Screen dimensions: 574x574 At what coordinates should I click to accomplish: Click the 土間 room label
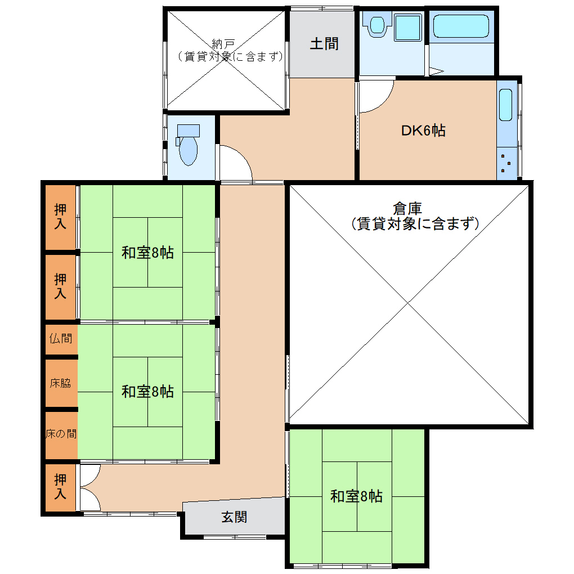pyautogui.click(x=324, y=44)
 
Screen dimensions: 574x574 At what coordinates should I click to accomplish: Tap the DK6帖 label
pyautogui.click(x=423, y=131)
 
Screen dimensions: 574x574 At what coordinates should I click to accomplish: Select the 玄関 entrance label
pyautogui.click(x=234, y=517)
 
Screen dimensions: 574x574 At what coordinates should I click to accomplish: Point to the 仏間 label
pyautogui.click(x=61, y=339)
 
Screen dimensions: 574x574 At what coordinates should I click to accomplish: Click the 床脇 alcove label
pyautogui.click(x=60, y=383)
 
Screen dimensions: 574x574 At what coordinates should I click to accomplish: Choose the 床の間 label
pyautogui.click(x=61, y=434)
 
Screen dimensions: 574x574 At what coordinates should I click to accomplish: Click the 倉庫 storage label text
pyautogui.click(x=407, y=209)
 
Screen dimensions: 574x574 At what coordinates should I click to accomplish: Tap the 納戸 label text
pyautogui.click(x=223, y=44)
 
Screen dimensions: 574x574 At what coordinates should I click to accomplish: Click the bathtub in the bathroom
pyautogui.click(x=461, y=26)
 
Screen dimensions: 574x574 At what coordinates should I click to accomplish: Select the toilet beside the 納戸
pyautogui.click(x=188, y=145)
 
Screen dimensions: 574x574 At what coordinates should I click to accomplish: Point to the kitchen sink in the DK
pyautogui.click(x=505, y=105)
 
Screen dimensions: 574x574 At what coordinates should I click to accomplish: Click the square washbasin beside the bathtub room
pyautogui.click(x=409, y=27)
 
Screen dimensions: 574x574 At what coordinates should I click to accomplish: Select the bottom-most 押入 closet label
pyautogui.click(x=60, y=487)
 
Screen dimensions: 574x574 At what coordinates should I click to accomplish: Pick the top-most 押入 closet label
pyautogui.click(x=60, y=216)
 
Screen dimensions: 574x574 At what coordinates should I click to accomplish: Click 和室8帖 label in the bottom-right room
pyautogui.click(x=356, y=496)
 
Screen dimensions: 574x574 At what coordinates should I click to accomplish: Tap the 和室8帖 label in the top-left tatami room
pyautogui.click(x=147, y=253)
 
